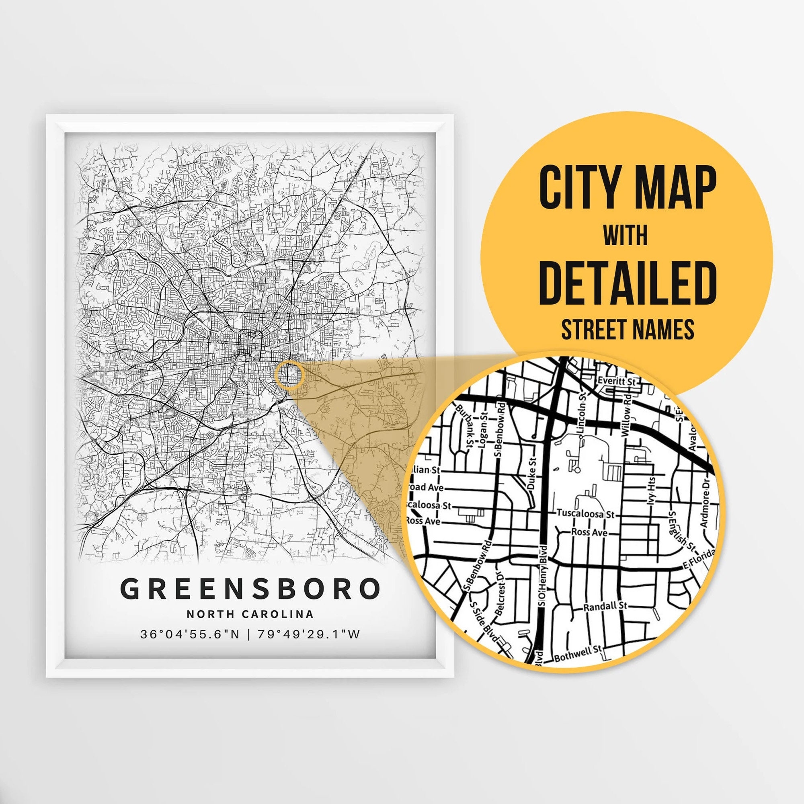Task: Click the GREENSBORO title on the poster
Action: point(250,589)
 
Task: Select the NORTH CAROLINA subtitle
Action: point(250,614)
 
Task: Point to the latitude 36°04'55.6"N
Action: point(190,634)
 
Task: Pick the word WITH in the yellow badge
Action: point(626,236)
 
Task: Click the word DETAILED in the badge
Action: point(627,283)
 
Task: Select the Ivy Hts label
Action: point(652,490)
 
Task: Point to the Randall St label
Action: point(604,606)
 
